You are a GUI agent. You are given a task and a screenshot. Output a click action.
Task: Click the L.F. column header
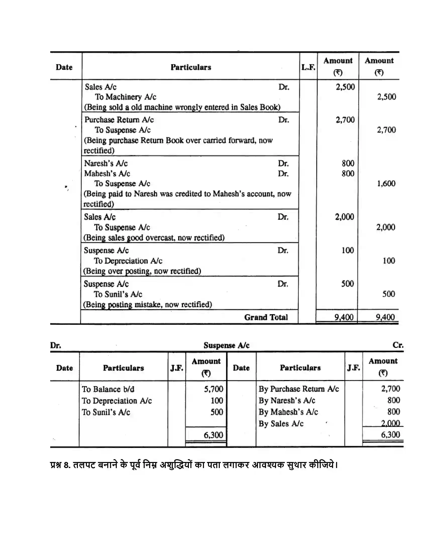click(308, 67)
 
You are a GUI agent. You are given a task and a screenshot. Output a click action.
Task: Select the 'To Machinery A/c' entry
click(126, 97)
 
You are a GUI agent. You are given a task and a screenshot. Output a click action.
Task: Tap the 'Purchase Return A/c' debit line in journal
click(119, 120)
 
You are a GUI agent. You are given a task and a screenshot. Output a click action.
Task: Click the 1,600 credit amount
click(386, 183)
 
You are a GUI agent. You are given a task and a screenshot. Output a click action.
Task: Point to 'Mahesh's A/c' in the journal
click(107, 174)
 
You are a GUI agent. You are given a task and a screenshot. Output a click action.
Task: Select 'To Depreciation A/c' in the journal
click(128, 261)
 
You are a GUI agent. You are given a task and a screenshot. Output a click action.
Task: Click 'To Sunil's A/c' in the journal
click(118, 294)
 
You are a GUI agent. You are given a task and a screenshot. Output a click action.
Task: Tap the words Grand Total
click(266, 317)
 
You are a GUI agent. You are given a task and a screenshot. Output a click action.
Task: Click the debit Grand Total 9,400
click(344, 317)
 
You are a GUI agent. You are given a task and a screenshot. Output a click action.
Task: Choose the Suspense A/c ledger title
click(226, 345)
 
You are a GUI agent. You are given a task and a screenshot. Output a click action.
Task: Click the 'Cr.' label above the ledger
click(398, 345)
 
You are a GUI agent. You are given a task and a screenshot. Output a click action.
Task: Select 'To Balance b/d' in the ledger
click(108, 389)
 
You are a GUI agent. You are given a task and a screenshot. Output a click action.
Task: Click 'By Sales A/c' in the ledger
click(281, 424)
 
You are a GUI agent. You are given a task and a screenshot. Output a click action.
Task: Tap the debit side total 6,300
click(213, 435)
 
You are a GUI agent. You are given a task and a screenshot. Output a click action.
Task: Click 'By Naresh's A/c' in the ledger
click(287, 401)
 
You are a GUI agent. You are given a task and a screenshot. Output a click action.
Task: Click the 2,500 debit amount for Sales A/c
click(345, 87)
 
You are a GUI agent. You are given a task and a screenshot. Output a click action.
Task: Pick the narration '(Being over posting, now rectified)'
click(142, 271)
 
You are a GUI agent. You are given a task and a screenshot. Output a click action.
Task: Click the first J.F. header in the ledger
click(177, 368)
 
